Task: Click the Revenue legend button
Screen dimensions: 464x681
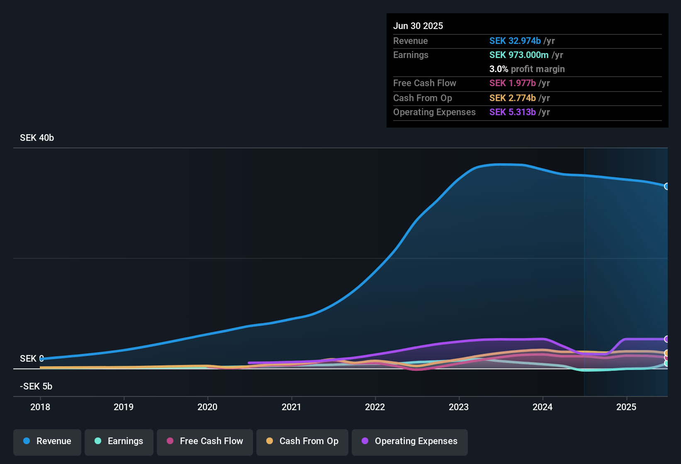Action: coord(47,441)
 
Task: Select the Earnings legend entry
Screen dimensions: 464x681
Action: coord(119,441)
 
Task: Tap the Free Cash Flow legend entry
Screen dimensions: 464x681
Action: coord(205,441)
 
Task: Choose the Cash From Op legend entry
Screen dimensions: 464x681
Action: coord(302,441)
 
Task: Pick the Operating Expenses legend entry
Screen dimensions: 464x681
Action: coord(410,441)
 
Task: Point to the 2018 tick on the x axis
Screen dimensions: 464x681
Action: coord(40,407)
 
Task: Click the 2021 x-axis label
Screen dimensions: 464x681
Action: coord(291,407)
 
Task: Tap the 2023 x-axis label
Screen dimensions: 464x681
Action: coord(459,407)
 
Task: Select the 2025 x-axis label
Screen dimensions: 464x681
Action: coord(626,407)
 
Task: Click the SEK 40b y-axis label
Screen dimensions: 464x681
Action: coord(37,138)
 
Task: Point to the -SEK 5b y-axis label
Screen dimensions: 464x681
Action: coord(36,387)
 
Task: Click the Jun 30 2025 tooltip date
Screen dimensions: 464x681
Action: coord(418,26)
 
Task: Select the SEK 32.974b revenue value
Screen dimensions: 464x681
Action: coord(515,41)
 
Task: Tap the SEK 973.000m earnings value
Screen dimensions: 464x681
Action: coord(519,55)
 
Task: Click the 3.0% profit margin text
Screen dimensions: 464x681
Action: coord(527,69)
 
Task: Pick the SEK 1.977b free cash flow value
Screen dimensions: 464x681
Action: coord(512,83)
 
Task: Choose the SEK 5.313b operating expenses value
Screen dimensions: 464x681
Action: coord(512,112)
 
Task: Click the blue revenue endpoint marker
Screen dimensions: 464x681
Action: coord(667,186)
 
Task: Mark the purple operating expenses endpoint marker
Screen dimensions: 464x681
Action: coord(667,339)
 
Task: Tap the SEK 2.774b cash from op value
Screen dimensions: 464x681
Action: coord(512,98)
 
